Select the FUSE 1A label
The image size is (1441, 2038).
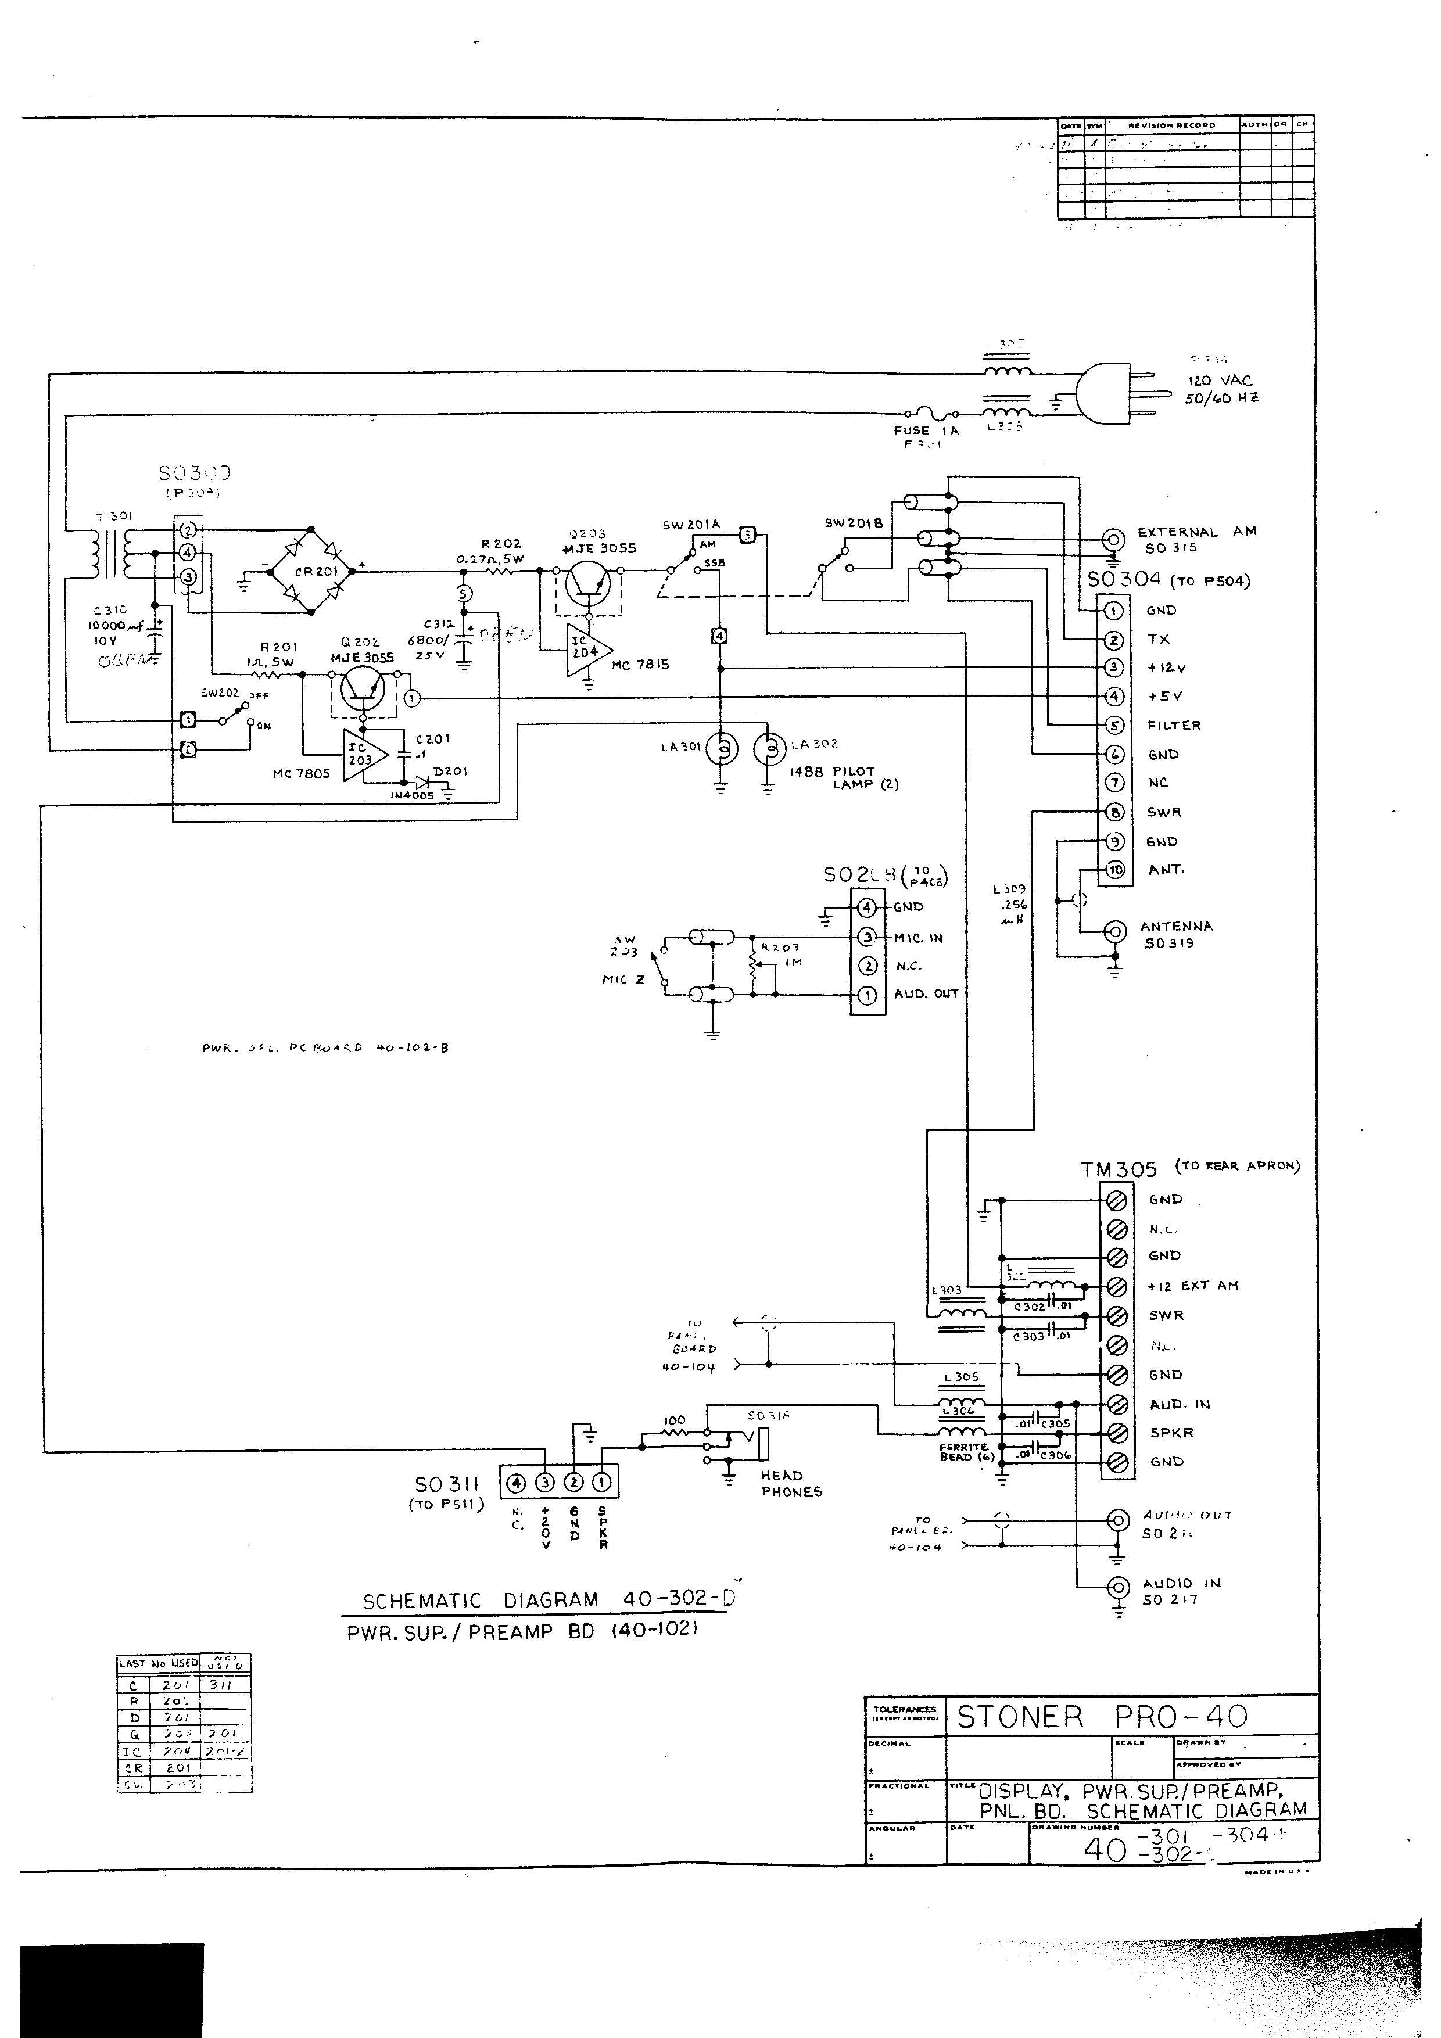926,430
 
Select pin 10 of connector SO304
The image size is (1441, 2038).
1114,870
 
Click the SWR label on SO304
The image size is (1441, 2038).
1163,812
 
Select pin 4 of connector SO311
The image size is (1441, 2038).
517,1481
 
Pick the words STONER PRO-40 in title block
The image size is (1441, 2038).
1102,1717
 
